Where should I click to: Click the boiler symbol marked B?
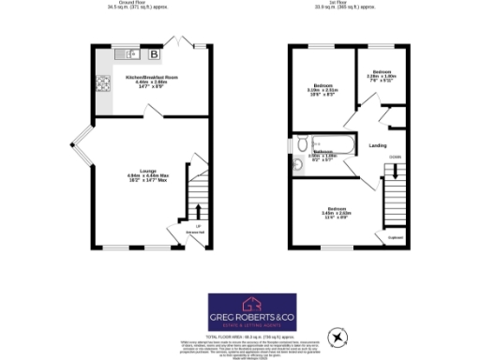tap(153, 54)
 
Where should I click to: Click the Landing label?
tap(379, 145)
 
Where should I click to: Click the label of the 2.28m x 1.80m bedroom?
tap(382, 74)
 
